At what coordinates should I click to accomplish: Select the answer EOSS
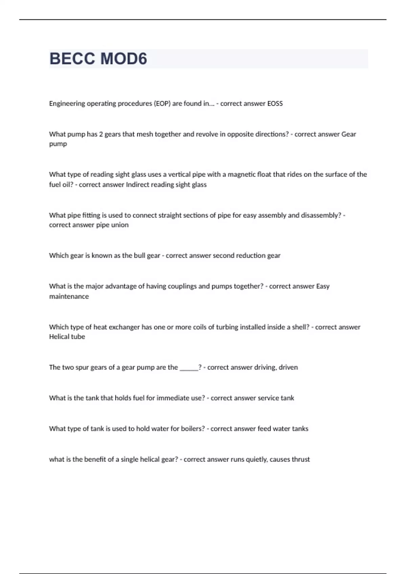(x=275, y=104)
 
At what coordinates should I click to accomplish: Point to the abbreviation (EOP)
(x=162, y=104)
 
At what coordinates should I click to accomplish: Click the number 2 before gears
(x=101, y=134)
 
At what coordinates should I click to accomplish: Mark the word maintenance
(x=69, y=296)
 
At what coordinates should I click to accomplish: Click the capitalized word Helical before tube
(x=59, y=337)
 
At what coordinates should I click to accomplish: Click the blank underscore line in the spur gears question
(x=189, y=368)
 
